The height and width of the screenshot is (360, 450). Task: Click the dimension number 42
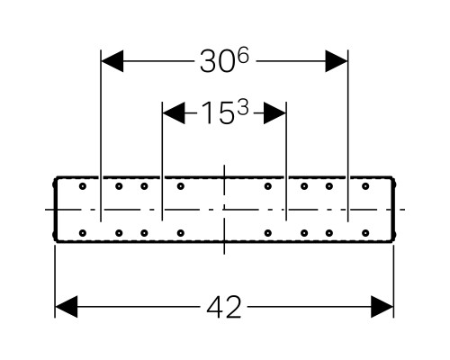pos(224,307)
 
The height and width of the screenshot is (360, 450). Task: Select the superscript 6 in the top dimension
pos(243,57)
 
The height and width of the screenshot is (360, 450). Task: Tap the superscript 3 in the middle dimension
pos(243,108)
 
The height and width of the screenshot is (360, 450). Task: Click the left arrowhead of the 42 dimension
pos(67,307)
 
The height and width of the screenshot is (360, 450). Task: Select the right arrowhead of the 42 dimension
pos(382,307)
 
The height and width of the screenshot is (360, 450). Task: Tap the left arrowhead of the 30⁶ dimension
pos(112,61)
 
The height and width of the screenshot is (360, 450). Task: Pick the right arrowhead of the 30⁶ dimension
pos(337,61)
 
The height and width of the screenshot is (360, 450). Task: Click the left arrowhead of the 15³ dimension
pos(174,113)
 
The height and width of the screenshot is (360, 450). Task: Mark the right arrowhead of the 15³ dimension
pos(274,113)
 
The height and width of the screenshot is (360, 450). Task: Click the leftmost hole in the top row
pos(83,186)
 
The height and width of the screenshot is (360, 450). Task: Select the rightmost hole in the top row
pos(365,186)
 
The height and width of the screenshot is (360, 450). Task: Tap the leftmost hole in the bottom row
pos(83,233)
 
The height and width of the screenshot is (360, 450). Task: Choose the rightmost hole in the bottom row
pos(365,233)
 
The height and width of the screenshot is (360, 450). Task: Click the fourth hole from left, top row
pos(180,186)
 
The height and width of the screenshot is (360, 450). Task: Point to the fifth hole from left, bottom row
pos(268,233)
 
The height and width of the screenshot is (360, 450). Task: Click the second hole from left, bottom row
pos(119,233)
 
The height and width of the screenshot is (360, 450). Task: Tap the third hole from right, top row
pos(304,186)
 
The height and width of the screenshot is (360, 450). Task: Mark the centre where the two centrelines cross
pos(224,210)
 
